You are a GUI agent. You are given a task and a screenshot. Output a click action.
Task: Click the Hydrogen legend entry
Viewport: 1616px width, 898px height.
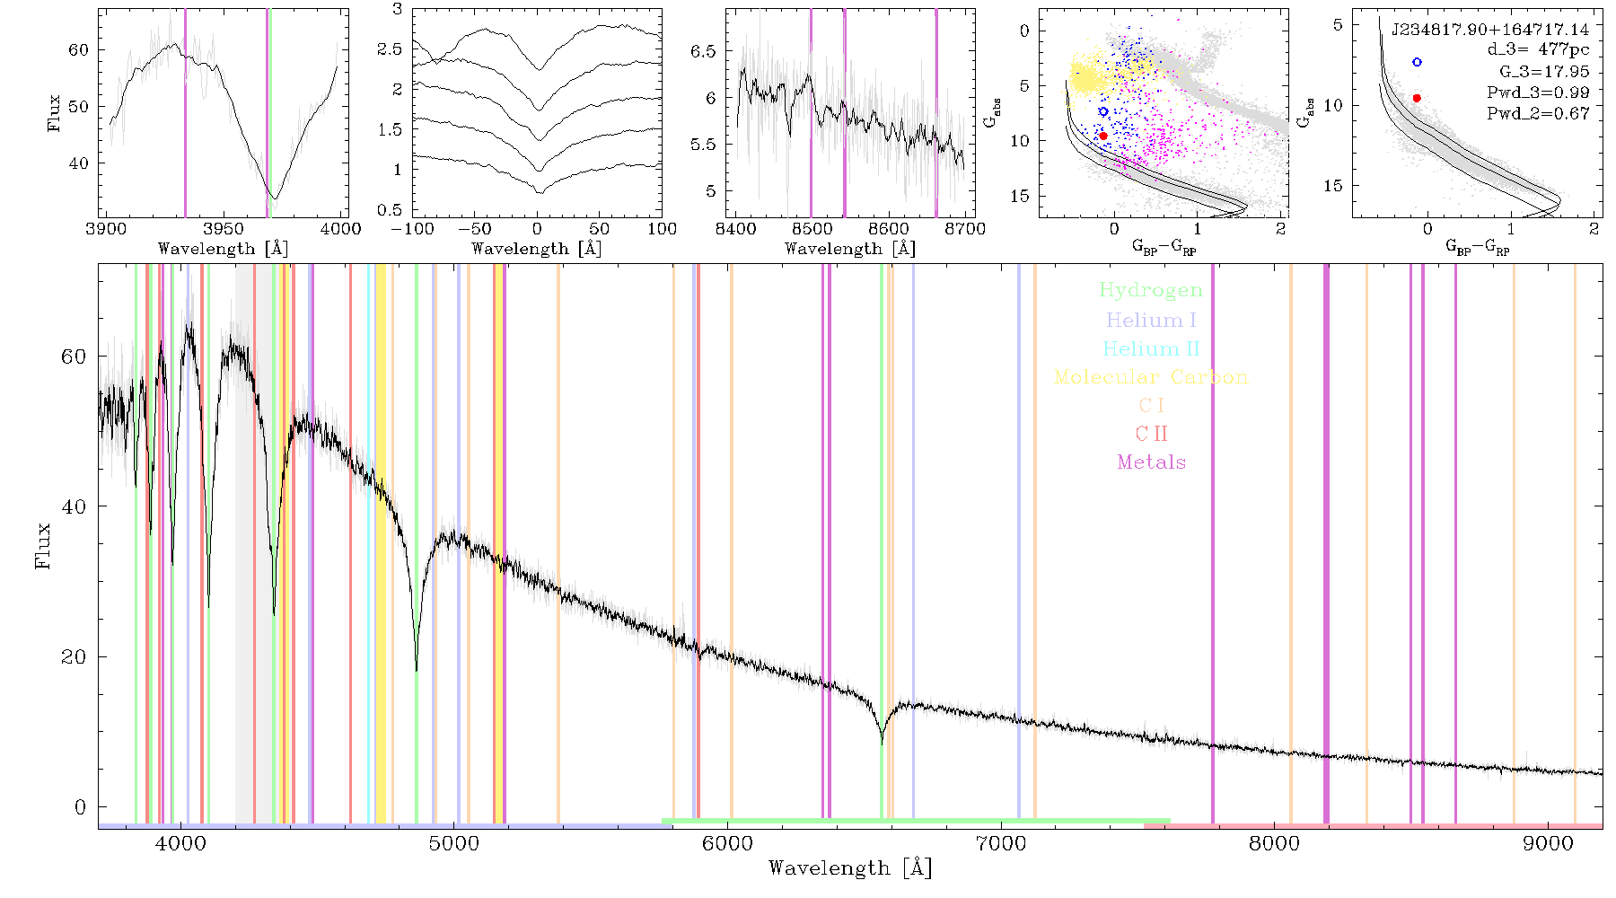tap(1150, 290)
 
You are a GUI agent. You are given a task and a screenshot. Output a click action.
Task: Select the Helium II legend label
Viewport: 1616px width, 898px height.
tap(1151, 348)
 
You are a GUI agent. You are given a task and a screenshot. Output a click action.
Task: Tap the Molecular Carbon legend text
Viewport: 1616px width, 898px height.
tap(1151, 377)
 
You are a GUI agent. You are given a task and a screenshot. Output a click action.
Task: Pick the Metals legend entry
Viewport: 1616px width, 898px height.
tap(1151, 462)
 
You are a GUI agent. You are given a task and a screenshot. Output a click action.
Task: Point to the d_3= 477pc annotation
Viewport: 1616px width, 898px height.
tap(1538, 50)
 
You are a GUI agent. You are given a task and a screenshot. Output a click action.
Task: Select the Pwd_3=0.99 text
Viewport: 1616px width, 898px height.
tap(1538, 92)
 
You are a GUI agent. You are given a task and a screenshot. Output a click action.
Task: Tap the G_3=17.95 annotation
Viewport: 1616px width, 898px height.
tap(1544, 71)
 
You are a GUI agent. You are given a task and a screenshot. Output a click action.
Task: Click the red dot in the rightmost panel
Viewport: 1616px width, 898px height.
tap(1417, 98)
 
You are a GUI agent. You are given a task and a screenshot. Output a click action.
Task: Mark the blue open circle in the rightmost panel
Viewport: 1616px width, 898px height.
tap(1417, 62)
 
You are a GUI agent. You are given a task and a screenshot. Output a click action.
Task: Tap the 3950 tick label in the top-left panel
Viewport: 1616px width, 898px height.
tap(223, 228)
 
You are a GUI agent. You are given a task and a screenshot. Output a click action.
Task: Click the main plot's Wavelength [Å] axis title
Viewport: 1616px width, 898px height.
tap(850, 868)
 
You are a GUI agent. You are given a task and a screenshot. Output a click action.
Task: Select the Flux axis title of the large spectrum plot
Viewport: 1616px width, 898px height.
tap(42, 545)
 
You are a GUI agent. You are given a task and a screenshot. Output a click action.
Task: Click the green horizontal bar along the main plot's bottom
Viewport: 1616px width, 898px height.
tap(916, 821)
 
